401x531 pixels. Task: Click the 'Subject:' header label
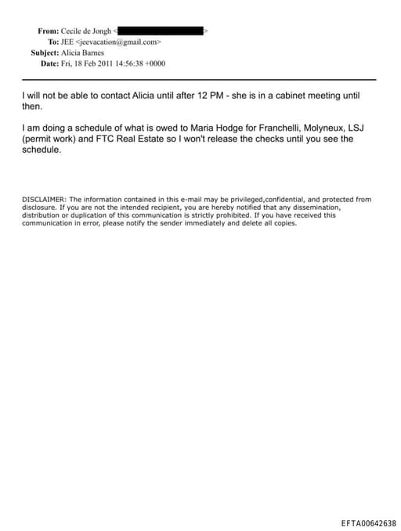point(45,52)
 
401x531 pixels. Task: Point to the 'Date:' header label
point(49,63)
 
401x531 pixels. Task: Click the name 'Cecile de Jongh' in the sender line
point(87,31)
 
